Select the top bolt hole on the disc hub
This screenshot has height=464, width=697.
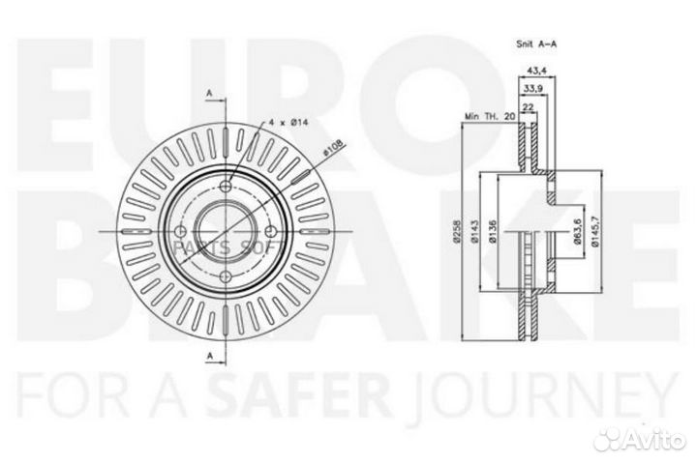point(227,188)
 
